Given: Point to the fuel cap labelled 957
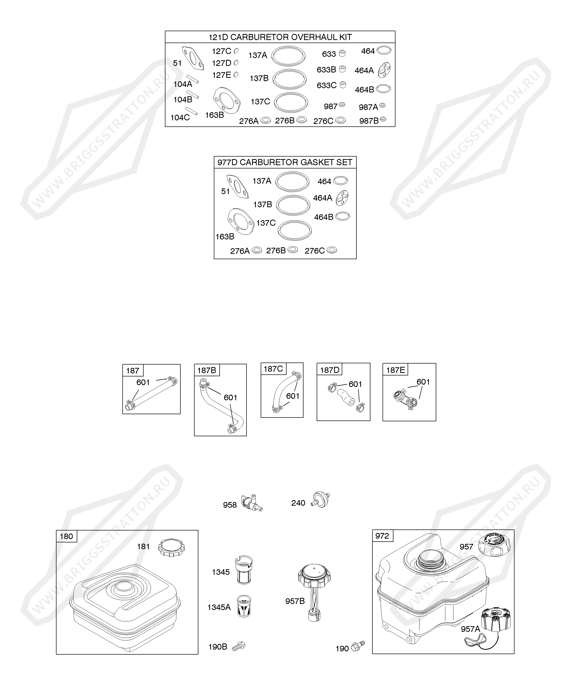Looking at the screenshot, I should pyautogui.click(x=494, y=546).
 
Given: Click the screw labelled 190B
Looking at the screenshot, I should pyautogui.click(x=239, y=646).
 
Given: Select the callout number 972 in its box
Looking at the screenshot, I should pyautogui.click(x=382, y=536).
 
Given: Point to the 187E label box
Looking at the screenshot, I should pyautogui.click(x=395, y=370).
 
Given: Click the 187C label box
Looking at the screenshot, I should pyautogui.click(x=273, y=369).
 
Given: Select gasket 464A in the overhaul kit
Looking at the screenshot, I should pyautogui.click(x=384, y=70).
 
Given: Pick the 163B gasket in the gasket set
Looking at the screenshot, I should pyautogui.click(x=240, y=221).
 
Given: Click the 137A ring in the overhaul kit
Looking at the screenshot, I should pyautogui.click(x=288, y=56).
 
